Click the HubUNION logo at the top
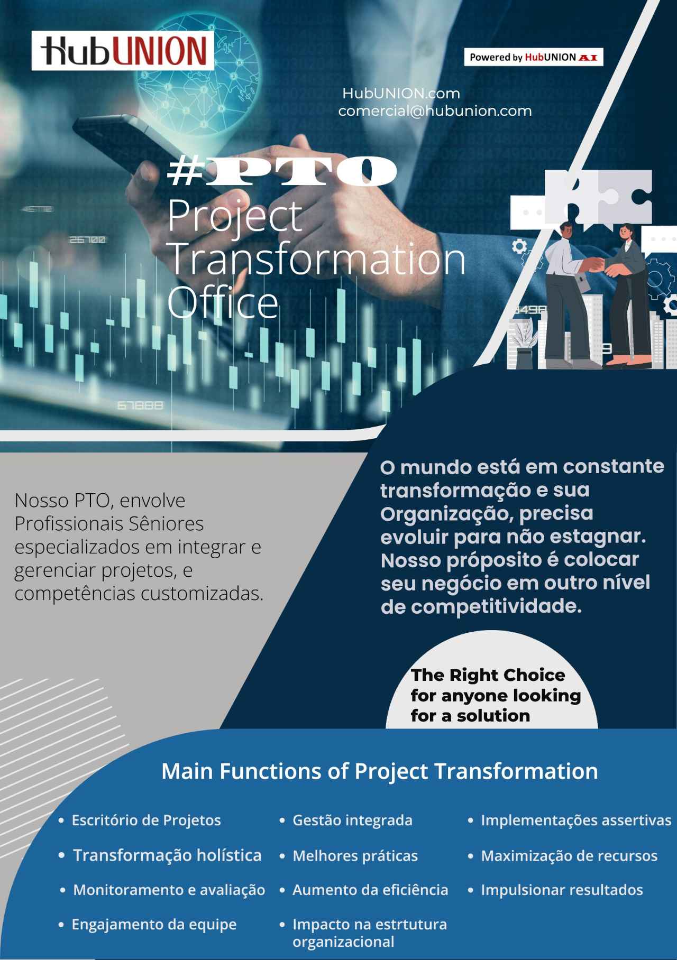click(123, 51)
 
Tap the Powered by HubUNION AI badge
click(533, 57)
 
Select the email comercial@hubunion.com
click(435, 111)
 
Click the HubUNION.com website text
click(401, 94)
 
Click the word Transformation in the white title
click(316, 259)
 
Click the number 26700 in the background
click(87, 240)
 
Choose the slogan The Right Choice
click(488, 675)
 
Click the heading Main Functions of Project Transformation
click(379, 771)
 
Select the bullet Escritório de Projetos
click(146, 820)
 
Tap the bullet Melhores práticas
click(355, 856)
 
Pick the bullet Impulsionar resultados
click(562, 890)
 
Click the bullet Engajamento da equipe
click(154, 925)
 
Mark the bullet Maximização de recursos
click(569, 856)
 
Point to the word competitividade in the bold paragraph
click(496, 606)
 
